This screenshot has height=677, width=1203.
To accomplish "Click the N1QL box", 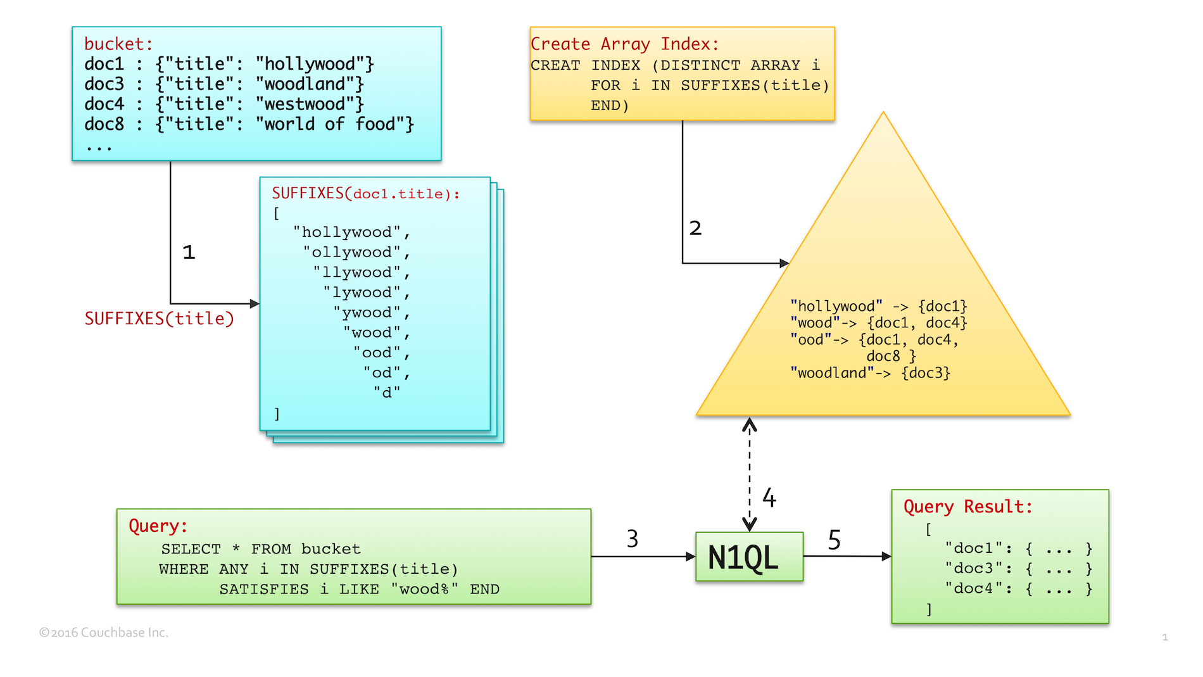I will (x=749, y=557).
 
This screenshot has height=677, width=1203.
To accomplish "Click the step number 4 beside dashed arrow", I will (x=769, y=498).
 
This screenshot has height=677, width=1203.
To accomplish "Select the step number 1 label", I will (x=189, y=253).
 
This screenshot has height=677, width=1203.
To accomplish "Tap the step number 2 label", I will (x=695, y=228).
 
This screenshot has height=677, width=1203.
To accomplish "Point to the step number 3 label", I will (x=633, y=539).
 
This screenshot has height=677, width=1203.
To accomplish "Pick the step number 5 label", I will (x=835, y=540).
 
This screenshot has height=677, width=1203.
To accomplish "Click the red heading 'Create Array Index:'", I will (x=624, y=44).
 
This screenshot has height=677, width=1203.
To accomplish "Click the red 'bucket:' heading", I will (x=118, y=44).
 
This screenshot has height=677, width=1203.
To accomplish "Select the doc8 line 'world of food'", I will (x=248, y=124).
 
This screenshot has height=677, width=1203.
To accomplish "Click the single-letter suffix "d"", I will (x=386, y=393).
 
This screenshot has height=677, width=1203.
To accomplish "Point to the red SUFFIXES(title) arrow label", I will (x=160, y=319).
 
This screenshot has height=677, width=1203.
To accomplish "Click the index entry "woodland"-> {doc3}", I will (x=870, y=373).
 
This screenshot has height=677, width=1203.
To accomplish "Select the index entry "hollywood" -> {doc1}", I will (x=878, y=307).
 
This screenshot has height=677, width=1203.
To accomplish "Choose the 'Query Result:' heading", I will (x=967, y=507).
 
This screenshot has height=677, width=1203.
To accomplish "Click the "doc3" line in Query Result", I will (x=1018, y=569).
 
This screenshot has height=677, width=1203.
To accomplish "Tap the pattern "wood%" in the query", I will (x=424, y=590).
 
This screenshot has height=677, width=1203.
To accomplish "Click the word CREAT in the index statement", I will (x=555, y=65).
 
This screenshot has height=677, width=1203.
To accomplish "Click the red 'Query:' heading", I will (x=158, y=526).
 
